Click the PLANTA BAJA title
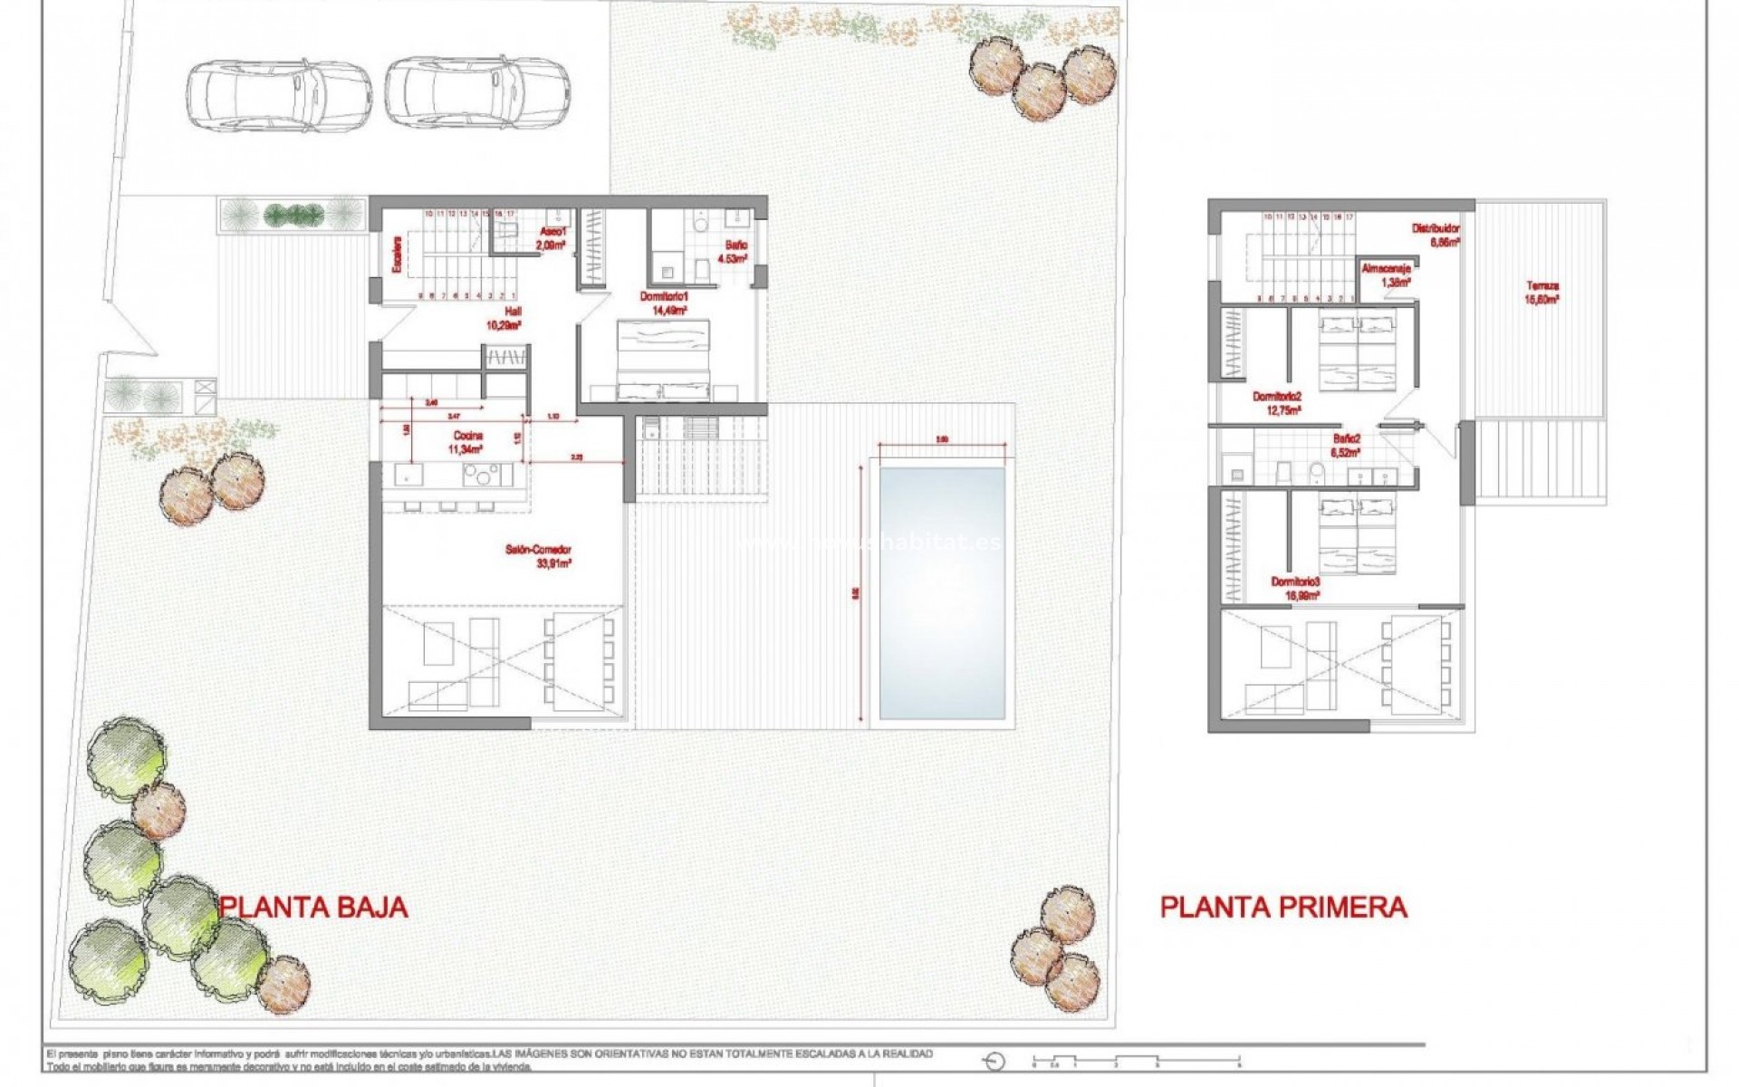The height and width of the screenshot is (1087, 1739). tap(313, 907)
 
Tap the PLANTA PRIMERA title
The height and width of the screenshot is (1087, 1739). tap(1283, 907)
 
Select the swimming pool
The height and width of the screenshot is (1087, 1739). tap(942, 593)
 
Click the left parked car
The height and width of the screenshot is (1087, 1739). tap(279, 94)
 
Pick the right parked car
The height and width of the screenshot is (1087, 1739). tap(476, 91)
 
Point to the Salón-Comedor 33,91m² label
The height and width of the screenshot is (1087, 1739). tap(539, 556)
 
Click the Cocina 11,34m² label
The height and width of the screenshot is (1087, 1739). tap(467, 442)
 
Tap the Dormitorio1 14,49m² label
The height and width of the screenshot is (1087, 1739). tap(665, 303)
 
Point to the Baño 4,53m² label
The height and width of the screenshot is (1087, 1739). tap(734, 252)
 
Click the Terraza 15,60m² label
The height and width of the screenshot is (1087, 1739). tap(1542, 292)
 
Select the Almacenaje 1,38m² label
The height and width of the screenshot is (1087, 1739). tap(1387, 275)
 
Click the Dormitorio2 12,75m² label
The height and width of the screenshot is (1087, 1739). tap(1277, 403)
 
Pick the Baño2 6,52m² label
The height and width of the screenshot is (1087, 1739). tap(1346, 445)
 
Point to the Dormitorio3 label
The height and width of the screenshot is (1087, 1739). tap(1296, 588)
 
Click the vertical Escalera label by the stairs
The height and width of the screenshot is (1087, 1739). tap(396, 255)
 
